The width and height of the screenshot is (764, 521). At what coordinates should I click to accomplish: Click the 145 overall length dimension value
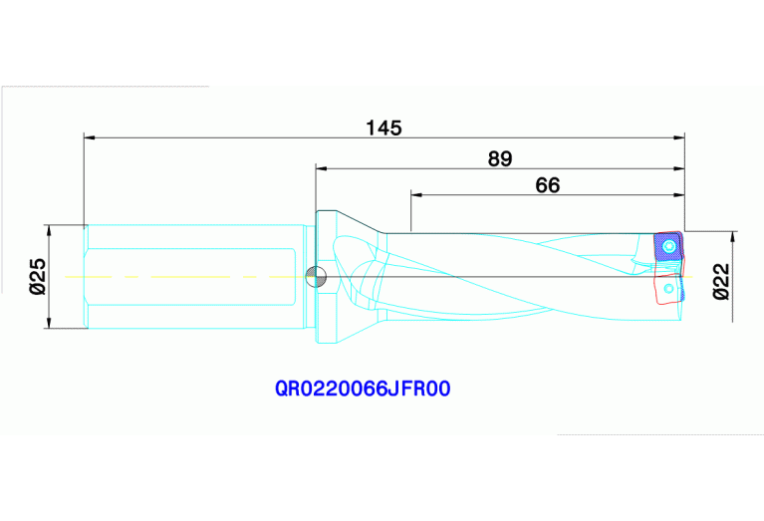(382, 128)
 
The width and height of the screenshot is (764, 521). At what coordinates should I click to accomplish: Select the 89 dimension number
(501, 157)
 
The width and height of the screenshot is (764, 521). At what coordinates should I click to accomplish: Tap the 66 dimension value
(547, 184)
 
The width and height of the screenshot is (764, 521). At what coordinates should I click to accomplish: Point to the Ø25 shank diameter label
(38, 276)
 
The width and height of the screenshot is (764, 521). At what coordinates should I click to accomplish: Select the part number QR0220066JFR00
(364, 390)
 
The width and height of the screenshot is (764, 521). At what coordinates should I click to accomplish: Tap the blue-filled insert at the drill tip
(666, 247)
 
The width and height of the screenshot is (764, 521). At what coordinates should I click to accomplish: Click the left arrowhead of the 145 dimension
(90, 137)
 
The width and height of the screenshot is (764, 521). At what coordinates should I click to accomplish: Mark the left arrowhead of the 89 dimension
(322, 167)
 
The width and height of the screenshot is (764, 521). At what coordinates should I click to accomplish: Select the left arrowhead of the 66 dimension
(415, 194)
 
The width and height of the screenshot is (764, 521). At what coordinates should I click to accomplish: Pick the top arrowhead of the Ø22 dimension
(733, 237)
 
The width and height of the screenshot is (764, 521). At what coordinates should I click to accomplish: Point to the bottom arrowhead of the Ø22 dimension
(733, 316)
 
